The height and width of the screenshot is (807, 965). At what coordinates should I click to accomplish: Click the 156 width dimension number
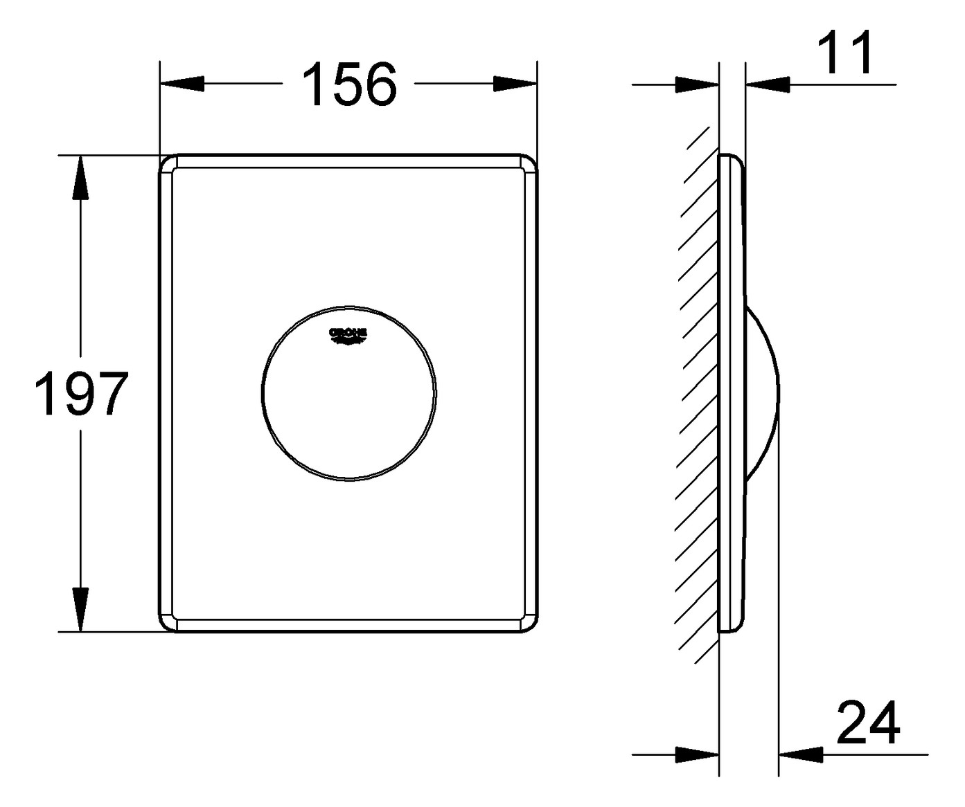[x=351, y=84]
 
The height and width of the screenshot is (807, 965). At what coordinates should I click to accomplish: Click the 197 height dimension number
[x=82, y=394]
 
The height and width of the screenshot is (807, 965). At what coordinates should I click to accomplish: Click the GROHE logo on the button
[x=348, y=335]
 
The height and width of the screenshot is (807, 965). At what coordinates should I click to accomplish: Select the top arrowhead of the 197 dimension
[x=81, y=177]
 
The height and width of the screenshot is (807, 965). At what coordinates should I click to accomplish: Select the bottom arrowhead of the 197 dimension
[x=81, y=609]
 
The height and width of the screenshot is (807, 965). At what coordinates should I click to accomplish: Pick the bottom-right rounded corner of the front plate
[x=528, y=622]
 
